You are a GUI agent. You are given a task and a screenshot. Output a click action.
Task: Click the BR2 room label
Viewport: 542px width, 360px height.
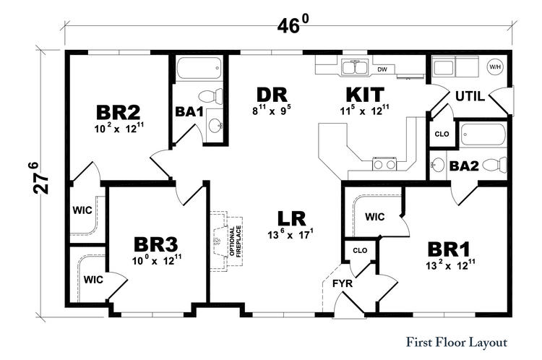pos(119,112)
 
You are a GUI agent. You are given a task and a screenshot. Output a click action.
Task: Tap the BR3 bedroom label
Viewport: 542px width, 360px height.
pos(156,244)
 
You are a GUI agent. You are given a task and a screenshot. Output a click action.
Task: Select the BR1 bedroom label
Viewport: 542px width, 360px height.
pos(449,249)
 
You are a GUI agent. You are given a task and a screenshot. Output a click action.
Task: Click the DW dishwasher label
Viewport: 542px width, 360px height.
pos(382,69)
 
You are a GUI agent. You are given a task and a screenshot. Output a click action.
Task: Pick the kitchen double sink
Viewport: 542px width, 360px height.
pos(355,67)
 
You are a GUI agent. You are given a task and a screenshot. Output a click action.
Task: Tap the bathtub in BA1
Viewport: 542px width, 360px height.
pos(199,69)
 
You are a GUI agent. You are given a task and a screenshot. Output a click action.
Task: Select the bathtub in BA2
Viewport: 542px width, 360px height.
pos(483,135)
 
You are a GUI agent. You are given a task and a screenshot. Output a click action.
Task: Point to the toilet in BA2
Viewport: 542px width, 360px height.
pos(494,165)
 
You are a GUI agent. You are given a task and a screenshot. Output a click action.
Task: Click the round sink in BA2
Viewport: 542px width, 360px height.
pos(438,164)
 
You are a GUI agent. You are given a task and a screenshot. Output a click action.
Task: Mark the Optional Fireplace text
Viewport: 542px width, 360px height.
pos(235,241)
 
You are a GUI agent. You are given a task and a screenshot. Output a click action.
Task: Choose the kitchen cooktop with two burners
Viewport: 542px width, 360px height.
pos(384,164)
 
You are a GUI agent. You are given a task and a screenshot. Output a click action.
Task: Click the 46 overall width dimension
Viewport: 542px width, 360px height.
pos(292,25)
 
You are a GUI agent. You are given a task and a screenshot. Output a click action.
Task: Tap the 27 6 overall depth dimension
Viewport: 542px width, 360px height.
pos(40,178)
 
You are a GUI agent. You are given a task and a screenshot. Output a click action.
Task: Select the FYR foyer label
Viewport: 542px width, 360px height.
pos(343,283)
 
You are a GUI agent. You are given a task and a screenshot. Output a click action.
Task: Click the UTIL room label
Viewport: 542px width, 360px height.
pos(470,96)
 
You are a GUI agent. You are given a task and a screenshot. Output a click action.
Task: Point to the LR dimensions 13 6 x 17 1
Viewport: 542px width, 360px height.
pos(291,234)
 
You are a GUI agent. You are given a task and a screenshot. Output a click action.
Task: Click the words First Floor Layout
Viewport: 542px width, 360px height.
pos(456,343)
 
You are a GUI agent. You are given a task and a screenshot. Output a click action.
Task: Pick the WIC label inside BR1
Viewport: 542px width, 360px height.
pos(374,217)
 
